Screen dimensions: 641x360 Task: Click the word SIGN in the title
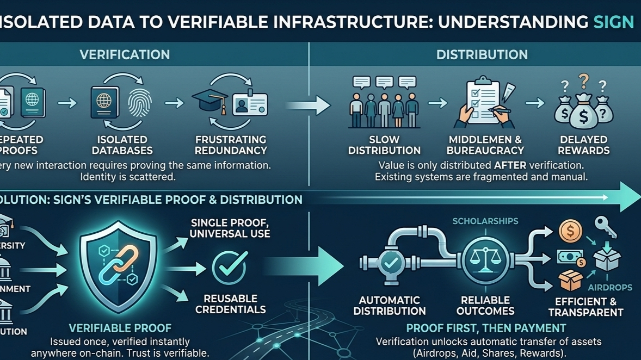pos(613,22)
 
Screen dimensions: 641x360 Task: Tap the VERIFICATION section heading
pos(125,54)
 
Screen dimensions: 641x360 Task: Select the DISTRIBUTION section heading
pos(482,54)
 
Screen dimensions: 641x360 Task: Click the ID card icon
pos(250,103)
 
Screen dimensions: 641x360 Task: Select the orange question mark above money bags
pos(584,81)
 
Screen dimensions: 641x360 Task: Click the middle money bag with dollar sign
pos(584,111)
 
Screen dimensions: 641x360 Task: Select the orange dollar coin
pos(570,232)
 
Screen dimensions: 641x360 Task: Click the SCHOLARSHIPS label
pos(485,221)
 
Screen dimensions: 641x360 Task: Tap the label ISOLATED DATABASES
pos(122,145)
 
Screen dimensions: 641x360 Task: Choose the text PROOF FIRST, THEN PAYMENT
pos(486,328)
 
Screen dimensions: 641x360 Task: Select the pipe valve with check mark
pos(390,262)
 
